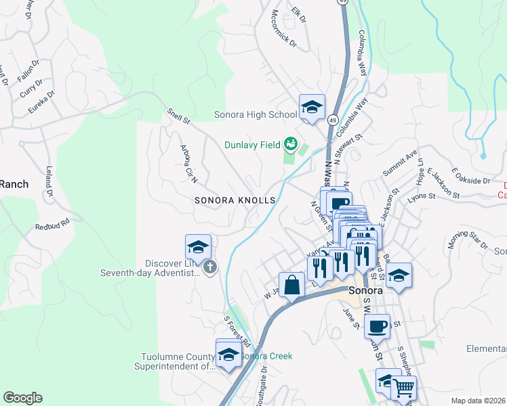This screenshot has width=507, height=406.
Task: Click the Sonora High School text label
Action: (x=256, y=114)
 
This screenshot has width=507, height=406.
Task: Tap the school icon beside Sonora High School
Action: (x=312, y=108)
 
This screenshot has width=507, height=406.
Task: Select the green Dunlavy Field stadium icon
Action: (x=291, y=143)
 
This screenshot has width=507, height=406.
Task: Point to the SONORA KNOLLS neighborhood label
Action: (x=235, y=200)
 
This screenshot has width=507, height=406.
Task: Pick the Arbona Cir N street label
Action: (x=188, y=163)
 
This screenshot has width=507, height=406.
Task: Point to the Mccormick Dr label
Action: (x=283, y=28)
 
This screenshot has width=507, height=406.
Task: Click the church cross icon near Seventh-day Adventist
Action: (x=210, y=267)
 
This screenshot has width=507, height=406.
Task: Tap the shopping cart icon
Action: (x=403, y=388)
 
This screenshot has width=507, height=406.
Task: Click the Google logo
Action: (x=22, y=398)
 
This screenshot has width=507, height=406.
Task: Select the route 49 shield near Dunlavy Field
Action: (x=332, y=119)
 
